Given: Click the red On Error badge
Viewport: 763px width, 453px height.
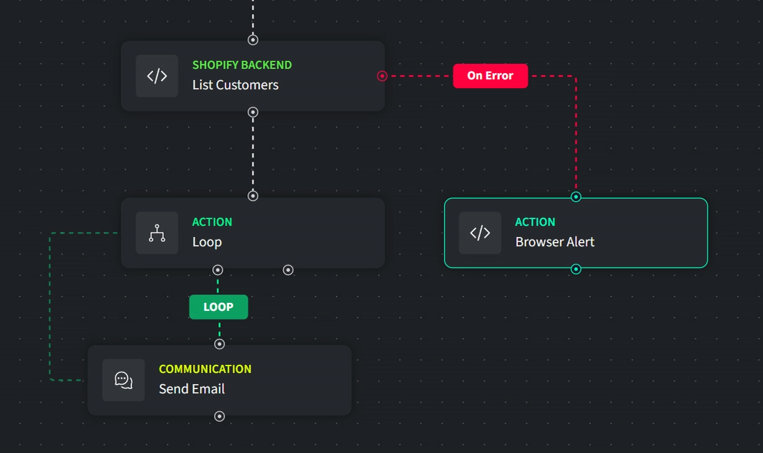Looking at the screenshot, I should [490, 76].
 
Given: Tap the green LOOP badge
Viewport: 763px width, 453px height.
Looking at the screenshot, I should [218, 307].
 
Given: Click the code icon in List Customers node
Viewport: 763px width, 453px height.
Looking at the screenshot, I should [157, 76].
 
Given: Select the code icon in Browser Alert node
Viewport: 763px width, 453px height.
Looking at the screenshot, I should [480, 233].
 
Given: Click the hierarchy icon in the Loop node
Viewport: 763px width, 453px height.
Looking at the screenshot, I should [157, 233].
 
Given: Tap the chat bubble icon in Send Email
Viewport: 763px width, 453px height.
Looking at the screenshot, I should [123, 380].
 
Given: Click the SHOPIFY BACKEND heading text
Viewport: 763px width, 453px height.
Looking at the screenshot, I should [242, 65].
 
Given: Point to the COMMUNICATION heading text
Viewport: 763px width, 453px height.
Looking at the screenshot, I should [205, 369].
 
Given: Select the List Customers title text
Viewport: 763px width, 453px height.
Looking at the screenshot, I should [235, 85].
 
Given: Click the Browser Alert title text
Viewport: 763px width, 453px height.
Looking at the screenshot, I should [555, 242].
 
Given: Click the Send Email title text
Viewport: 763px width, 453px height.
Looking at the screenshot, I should [192, 389].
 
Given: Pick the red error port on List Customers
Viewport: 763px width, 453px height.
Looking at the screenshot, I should [382, 76].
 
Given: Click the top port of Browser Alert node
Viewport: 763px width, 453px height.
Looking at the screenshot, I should [576, 197].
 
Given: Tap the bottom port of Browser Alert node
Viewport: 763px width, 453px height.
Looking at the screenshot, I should [576, 269].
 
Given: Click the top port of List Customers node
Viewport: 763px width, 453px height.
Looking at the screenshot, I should [253, 40].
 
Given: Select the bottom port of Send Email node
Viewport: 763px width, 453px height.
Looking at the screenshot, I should [219, 416].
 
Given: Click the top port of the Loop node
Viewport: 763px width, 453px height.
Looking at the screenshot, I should [253, 196].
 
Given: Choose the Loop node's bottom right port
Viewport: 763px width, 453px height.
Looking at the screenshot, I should [288, 270].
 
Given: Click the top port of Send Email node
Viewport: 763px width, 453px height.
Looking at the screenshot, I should [219, 344].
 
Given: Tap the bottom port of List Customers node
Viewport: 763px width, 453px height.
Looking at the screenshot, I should [253, 112].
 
